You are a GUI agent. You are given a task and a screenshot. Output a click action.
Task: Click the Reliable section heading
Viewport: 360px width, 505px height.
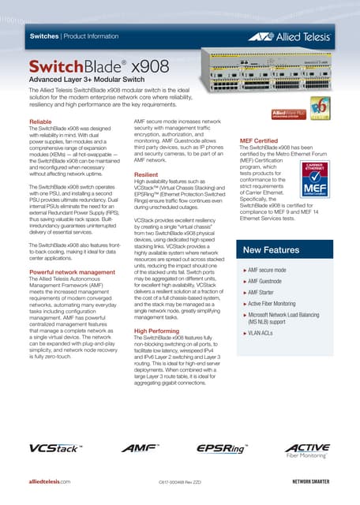[x=40, y=122]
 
